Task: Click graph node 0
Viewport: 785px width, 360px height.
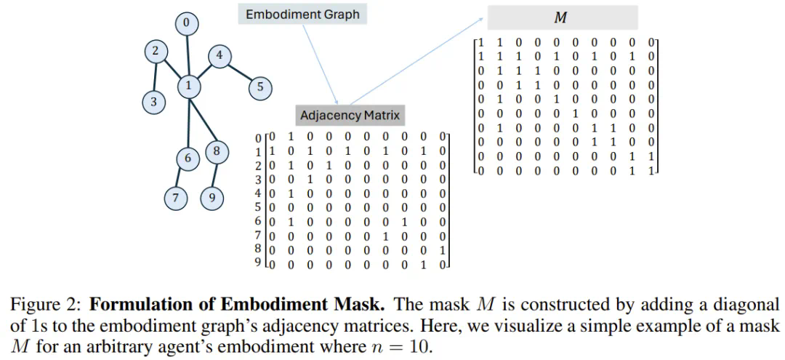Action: [x=187, y=24]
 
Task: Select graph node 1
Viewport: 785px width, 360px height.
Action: [x=188, y=86]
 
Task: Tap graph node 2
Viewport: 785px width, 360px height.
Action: [x=155, y=52]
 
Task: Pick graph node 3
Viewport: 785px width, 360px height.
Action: [x=153, y=102]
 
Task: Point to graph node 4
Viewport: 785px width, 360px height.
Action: [x=220, y=56]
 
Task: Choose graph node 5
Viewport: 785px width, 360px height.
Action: [x=259, y=88]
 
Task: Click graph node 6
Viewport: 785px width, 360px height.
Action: [x=188, y=158]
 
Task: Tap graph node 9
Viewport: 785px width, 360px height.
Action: [x=212, y=199]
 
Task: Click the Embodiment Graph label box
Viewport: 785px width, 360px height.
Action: [x=302, y=15]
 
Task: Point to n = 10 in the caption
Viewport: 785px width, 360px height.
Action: [x=403, y=346]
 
